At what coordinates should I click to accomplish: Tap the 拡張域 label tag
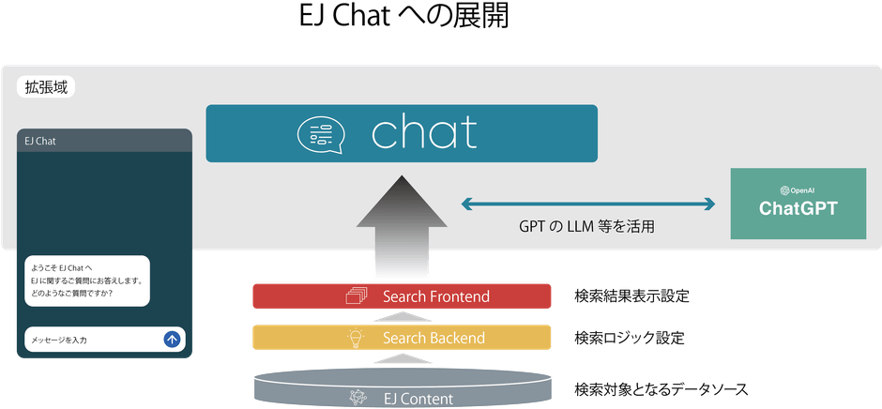(46, 87)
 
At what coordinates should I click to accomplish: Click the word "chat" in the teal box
(424, 133)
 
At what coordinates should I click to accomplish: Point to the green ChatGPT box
(798, 204)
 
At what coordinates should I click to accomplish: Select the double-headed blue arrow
(588, 203)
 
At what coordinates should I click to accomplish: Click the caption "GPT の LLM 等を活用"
(586, 226)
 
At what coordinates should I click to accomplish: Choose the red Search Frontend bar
(401, 296)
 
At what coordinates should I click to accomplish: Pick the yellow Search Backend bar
(401, 338)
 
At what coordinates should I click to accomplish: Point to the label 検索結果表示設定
(631, 296)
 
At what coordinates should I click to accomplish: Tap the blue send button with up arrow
(172, 340)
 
